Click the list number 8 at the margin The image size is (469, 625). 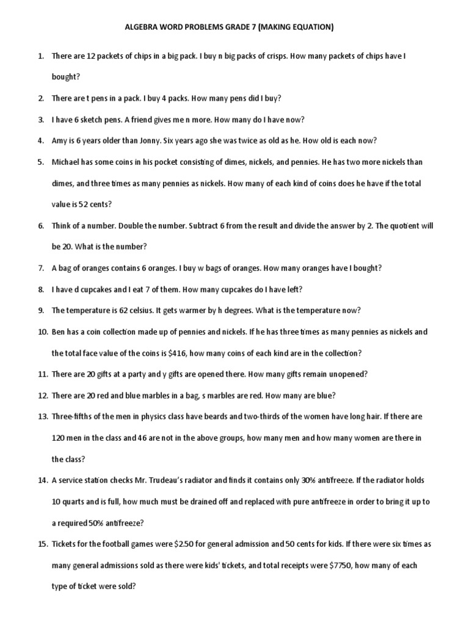click(x=41, y=289)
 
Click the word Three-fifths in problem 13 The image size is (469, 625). click(x=73, y=416)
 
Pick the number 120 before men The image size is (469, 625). click(x=59, y=438)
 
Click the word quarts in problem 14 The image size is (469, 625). click(x=77, y=502)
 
